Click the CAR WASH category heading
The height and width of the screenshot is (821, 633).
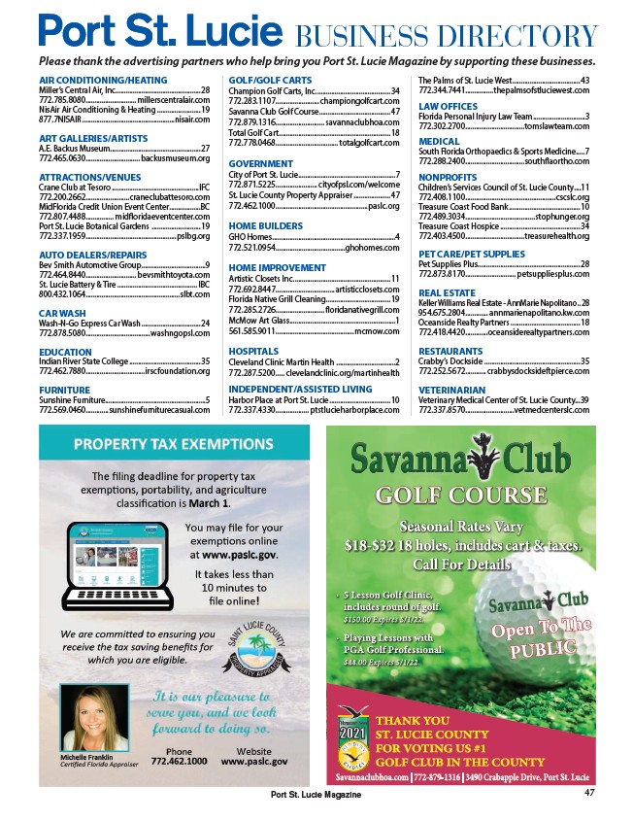(x=60, y=314)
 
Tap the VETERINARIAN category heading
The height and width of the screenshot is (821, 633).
(x=453, y=389)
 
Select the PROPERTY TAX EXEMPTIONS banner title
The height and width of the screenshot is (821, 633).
(x=173, y=445)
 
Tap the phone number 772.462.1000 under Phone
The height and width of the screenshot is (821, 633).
(x=179, y=762)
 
